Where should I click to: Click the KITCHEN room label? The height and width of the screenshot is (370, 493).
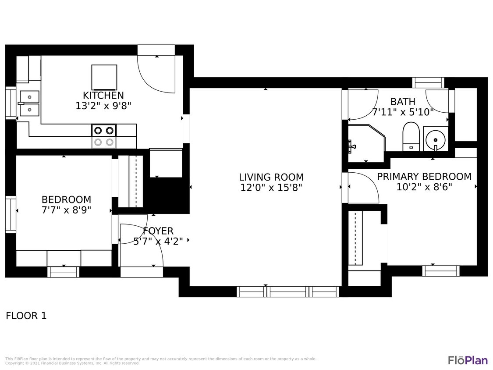point(103,95)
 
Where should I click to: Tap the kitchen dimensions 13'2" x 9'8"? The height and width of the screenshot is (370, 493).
point(103,106)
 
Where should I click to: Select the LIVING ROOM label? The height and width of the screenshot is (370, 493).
point(271,177)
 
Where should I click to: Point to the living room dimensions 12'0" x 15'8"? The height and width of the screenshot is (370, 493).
point(271,188)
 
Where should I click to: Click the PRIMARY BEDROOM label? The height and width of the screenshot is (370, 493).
point(424,176)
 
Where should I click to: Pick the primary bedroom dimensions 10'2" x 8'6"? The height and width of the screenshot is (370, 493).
point(424,187)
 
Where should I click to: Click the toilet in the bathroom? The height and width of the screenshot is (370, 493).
point(411,136)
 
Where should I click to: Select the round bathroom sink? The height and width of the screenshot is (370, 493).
point(436,139)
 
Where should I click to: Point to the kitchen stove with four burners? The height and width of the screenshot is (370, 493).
point(104,136)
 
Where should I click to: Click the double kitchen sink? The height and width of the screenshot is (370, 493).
point(29,103)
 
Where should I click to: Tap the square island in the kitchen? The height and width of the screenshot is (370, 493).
point(104,77)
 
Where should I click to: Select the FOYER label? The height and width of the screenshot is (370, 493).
point(158,231)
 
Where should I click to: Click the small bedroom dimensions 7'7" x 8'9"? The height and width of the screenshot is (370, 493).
point(66,210)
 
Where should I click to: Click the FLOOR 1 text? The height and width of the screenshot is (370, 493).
point(26,316)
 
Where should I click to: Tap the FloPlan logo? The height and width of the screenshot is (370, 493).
point(467,360)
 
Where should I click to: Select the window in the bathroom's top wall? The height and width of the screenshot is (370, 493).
point(428,82)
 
